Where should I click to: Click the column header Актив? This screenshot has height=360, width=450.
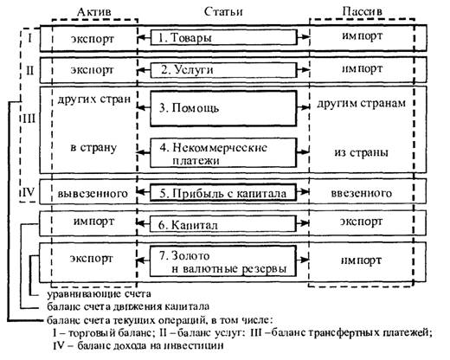tap(94, 12)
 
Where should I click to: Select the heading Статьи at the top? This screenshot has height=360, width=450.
tap(223, 12)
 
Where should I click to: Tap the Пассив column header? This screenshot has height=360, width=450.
tap(363, 11)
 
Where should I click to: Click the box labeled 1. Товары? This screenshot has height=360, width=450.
tap(223, 37)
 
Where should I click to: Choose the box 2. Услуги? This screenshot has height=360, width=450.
tap(223, 70)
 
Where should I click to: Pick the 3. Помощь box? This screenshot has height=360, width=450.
tap(223, 108)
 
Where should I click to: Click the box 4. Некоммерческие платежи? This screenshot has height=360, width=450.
tap(223, 153)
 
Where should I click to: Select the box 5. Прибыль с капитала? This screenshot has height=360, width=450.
tap(223, 192)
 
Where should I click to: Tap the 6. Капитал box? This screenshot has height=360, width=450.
tap(223, 224)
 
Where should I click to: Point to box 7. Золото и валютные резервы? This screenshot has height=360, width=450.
tap(223, 260)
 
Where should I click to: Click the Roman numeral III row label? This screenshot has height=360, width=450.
tap(29, 119)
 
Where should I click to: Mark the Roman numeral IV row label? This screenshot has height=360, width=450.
tap(29, 192)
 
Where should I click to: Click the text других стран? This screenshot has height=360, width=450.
tap(94, 100)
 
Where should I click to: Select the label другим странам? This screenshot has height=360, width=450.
tap(362, 103)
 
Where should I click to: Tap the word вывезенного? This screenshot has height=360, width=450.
tap(93, 194)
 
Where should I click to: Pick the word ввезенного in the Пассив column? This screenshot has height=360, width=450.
tap(362, 193)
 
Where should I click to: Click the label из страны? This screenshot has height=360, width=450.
tap(361, 152)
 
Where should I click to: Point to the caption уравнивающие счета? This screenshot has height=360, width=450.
tap(99, 294)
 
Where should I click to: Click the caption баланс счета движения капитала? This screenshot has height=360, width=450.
tap(128, 306)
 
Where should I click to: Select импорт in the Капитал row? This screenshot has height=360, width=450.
tap(94, 222)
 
